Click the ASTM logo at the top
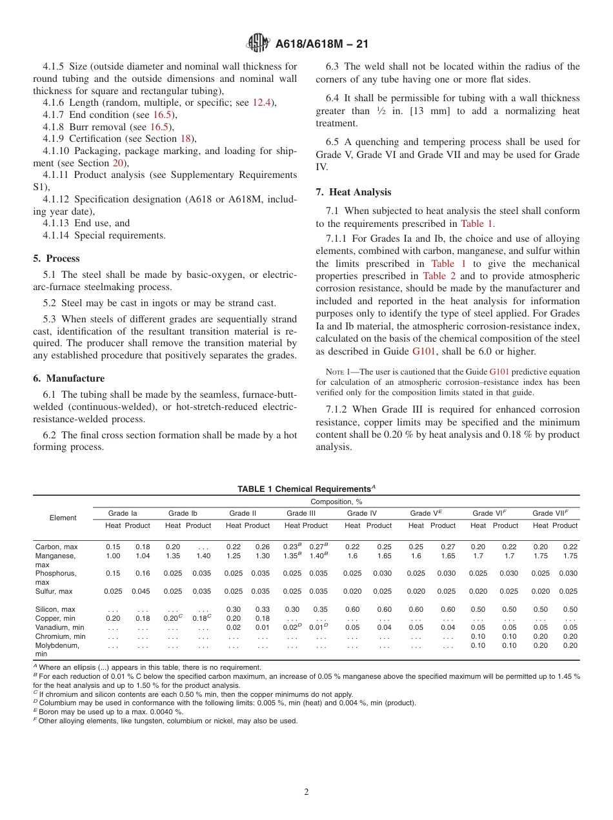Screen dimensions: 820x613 [x=258, y=44]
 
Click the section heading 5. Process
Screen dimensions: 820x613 [x=57, y=259]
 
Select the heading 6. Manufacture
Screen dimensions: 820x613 [x=69, y=378]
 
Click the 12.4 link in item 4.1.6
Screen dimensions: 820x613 [x=261, y=102]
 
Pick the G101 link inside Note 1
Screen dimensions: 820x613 [x=499, y=372]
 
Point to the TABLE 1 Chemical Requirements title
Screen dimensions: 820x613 [x=306, y=489]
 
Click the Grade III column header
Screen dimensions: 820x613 [x=301, y=513]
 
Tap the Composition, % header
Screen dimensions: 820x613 [x=336, y=502]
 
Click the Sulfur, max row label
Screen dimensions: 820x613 [x=54, y=591]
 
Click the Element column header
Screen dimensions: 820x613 [x=63, y=518]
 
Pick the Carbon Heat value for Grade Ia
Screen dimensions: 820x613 [x=113, y=547]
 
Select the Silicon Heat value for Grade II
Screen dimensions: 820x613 [x=234, y=609]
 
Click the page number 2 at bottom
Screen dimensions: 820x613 [x=306, y=792]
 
